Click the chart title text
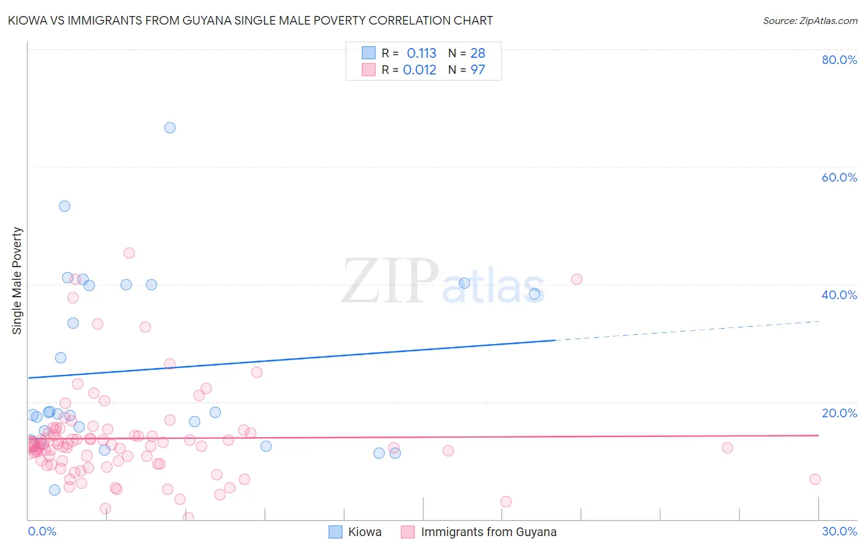[250, 20]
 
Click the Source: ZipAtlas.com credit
[810, 20]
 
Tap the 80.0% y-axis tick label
[839, 60]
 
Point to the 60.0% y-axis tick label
[839, 177]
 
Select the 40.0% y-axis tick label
[839, 295]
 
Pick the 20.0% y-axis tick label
[839, 413]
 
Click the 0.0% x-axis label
[42, 531]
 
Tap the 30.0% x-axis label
[839, 531]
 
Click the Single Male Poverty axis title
[17, 281]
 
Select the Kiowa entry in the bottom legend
[364, 532]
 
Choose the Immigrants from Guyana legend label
[488, 532]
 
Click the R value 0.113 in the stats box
[421, 53]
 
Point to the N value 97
[477, 70]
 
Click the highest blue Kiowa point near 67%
[170, 127]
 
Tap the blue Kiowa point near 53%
[65, 206]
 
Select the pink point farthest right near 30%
[815, 479]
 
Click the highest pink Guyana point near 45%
[129, 253]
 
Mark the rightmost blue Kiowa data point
[535, 294]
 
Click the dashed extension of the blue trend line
[689, 331]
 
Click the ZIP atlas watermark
[443, 282]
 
